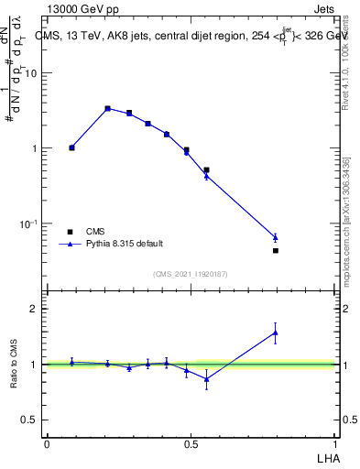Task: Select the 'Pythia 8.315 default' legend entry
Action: click(125, 244)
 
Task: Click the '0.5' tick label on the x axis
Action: click(191, 443)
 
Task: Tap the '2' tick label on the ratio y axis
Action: click(36, 309)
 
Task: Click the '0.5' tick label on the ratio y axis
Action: click(30, 420)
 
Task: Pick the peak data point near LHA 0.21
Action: click(107, 108)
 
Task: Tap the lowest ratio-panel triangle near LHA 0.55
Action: click(206, 378)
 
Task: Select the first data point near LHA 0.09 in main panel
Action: click(71, 147)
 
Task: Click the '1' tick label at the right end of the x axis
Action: click(336, 443)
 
